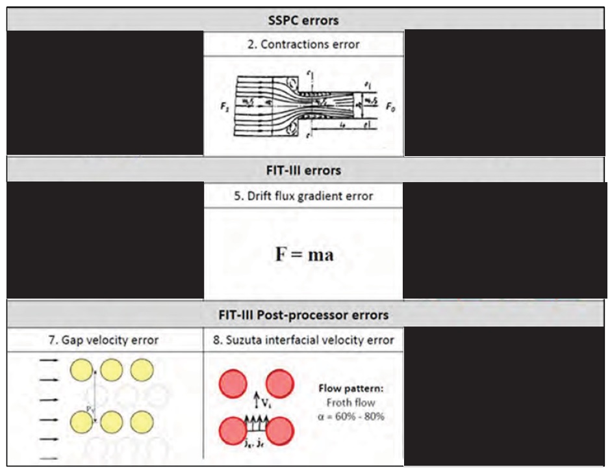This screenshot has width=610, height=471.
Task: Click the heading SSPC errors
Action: [303, 20]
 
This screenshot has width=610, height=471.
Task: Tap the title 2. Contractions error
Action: [303, 45]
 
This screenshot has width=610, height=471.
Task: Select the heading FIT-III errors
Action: [303, 171]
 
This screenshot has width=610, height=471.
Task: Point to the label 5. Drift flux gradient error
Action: [303, 196]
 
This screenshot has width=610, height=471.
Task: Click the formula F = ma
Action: [304, 254]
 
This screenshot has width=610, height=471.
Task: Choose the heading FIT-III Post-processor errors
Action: [303, 315]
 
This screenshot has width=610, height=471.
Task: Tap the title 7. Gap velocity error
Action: [105, 340]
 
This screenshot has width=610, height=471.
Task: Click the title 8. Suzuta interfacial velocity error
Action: [303, 340]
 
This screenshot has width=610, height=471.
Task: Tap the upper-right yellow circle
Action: [142, 370]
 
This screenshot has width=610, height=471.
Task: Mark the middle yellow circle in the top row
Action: [112, 370]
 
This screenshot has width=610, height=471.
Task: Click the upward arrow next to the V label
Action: [256, 397]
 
